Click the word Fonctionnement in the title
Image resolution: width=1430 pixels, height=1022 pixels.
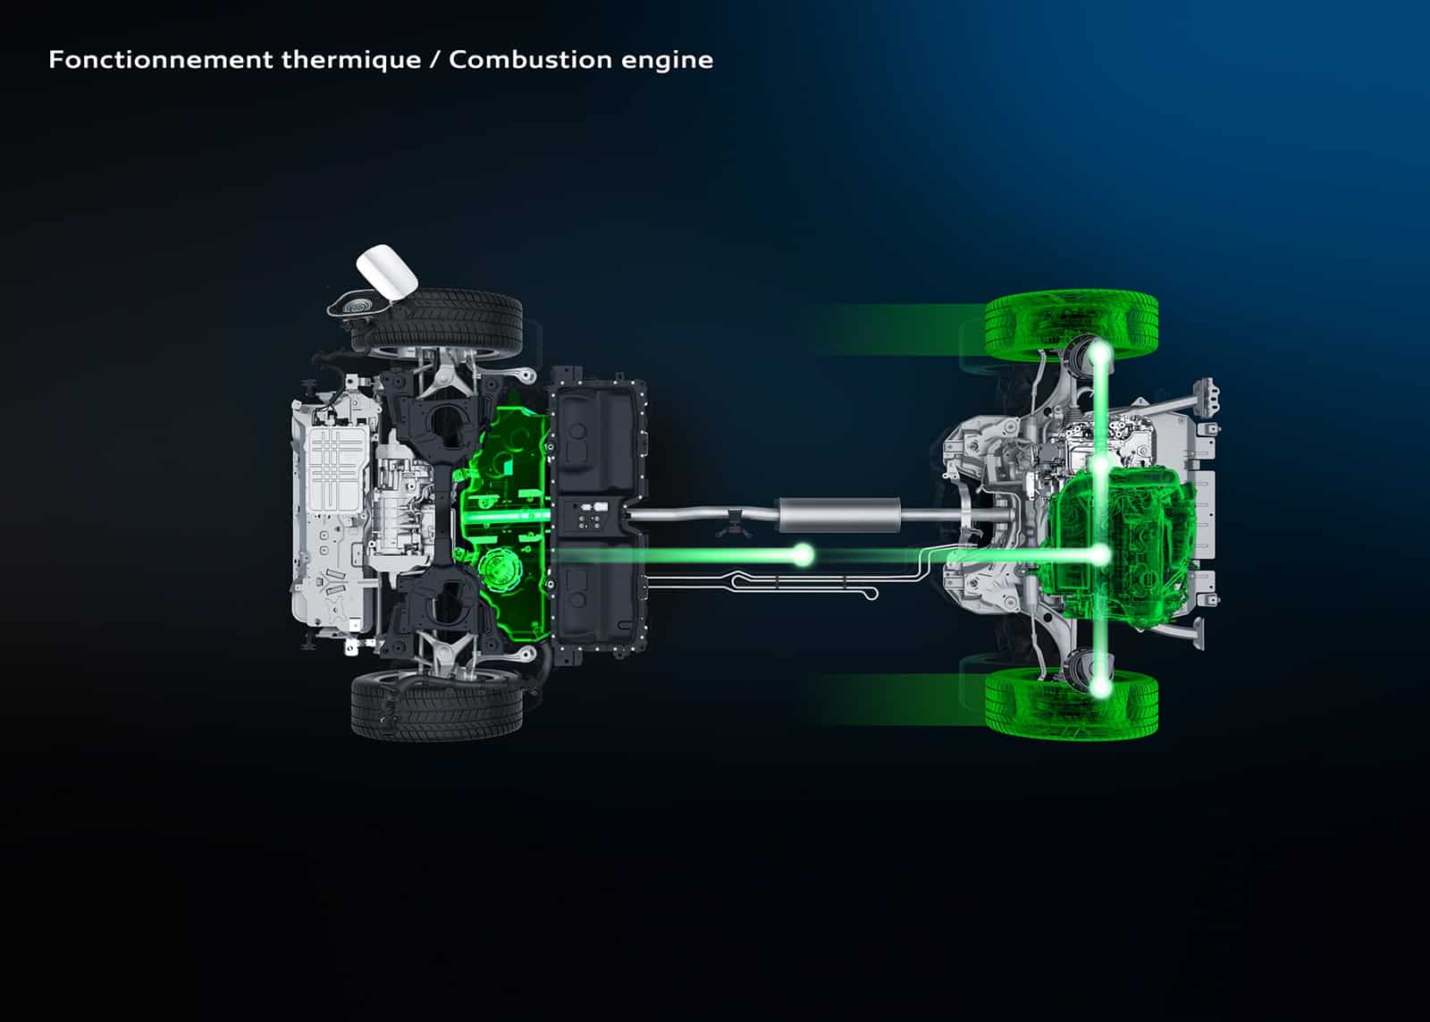point(162,60)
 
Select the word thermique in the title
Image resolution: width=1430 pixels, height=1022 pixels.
point(351,60)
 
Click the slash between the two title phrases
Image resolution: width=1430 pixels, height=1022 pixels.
point(434,60)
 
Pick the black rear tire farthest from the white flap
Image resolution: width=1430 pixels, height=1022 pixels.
point(437,705)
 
